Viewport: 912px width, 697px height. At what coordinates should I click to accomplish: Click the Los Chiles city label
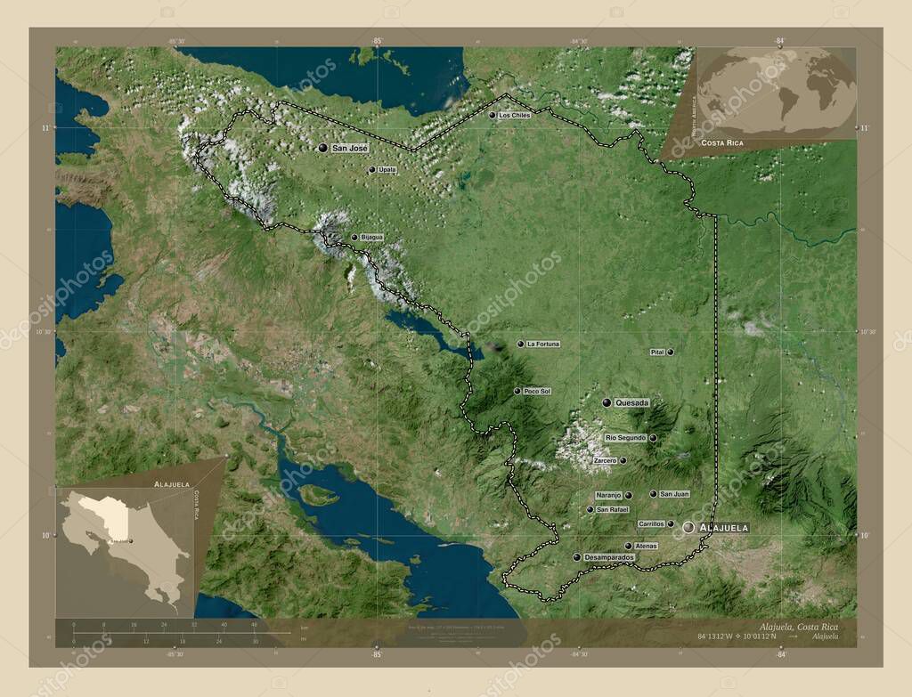[514, 116]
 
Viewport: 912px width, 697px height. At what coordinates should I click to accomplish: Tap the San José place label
[349, 148]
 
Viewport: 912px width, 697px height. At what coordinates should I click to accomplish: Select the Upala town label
[387, 169]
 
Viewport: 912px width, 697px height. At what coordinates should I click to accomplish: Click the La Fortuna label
[543, 344]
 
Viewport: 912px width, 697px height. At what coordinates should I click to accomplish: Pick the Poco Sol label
[537, 392]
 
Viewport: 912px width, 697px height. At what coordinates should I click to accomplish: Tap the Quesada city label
[631, 403]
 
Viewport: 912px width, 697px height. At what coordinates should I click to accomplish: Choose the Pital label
[658, 353]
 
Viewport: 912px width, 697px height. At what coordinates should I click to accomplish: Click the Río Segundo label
[625, 438]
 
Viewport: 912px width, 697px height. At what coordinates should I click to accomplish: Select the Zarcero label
[604, 460]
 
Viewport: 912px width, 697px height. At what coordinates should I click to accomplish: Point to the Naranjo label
[608, 495]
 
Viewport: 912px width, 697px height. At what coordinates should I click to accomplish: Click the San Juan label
[674, 494]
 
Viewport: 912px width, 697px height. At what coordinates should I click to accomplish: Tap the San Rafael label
[613, 509]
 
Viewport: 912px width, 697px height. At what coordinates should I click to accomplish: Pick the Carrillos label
[651, 524]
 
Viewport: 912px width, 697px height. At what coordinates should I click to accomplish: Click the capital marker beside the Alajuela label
[688, 528]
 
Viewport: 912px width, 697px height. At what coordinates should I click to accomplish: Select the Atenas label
[646, 546]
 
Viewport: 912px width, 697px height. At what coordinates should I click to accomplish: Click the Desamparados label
[610, 557]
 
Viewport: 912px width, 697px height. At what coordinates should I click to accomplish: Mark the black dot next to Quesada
[607, 403]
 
